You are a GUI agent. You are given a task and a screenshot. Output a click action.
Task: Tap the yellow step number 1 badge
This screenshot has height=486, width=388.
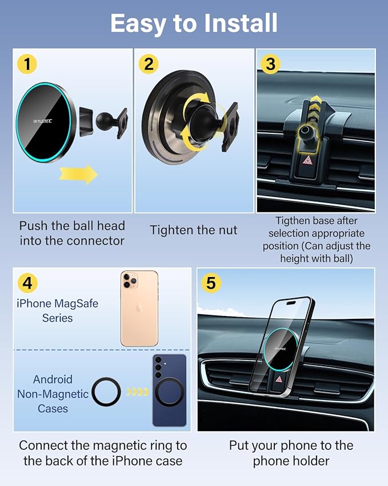[26, 64]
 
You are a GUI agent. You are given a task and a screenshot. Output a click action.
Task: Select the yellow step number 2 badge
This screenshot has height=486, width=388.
[149, 64]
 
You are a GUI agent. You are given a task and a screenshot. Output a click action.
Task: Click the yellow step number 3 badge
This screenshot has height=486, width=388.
[270, 64]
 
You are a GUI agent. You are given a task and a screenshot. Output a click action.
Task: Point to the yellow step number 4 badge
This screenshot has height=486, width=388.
[27, 283]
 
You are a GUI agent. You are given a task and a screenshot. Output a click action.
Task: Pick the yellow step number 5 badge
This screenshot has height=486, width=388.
[211, 283]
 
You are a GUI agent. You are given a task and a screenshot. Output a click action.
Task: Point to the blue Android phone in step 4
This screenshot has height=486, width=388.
[169, 390]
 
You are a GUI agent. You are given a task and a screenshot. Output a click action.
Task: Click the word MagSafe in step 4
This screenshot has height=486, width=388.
[76, 303]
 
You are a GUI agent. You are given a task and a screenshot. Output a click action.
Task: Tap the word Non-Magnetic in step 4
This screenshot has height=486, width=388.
[53, 394]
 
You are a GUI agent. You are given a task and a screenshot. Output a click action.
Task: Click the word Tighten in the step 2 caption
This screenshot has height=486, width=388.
[171, 230]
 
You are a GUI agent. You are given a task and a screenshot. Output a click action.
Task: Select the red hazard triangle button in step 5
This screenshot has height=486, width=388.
[279, 380]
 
